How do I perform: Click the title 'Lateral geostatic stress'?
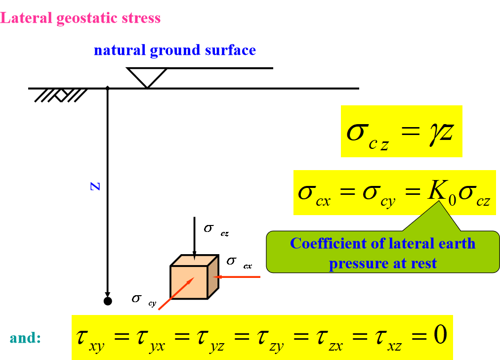pos(81,19)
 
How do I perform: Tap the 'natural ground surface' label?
pos(175,50)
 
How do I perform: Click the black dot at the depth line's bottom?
pos(107,301)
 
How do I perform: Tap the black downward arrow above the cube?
pos(194,237)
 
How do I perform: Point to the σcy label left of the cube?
pos(144,300)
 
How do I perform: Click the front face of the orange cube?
pos(188,282)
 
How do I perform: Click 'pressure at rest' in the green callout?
pos(383,263)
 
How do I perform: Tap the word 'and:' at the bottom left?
pos(25,338)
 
